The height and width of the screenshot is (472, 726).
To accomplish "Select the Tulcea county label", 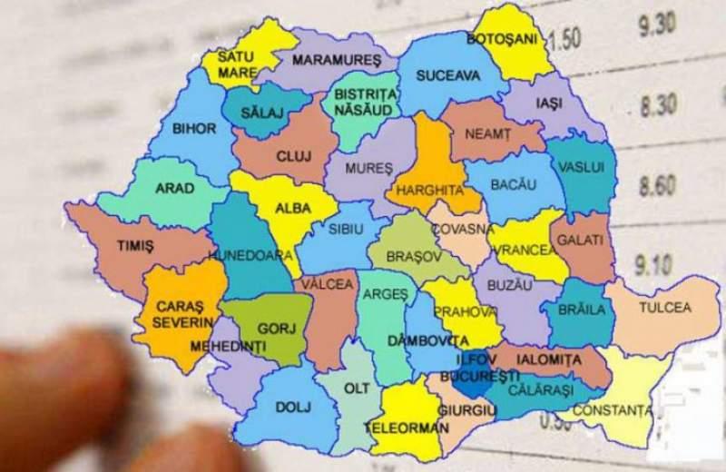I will point(664,308).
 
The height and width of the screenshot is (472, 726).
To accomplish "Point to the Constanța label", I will point(617,411).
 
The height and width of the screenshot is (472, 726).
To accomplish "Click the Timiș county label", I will point(136,246).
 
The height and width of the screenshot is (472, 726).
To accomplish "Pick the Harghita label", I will point(424,192).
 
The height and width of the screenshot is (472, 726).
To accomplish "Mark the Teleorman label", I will point(406,427).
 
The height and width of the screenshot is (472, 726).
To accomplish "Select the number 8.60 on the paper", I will point(657,186).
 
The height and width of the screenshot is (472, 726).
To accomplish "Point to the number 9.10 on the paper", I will point(654,265).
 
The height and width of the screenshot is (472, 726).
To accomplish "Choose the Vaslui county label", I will point(582,169).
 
